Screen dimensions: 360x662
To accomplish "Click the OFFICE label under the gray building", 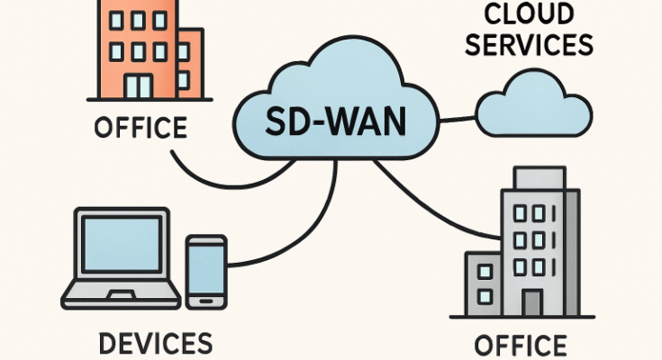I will click(521, 345).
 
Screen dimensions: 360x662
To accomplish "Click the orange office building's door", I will click(137, 85).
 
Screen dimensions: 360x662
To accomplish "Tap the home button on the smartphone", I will click(206, 299).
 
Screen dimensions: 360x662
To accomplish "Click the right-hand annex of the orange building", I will click(191, 63).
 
